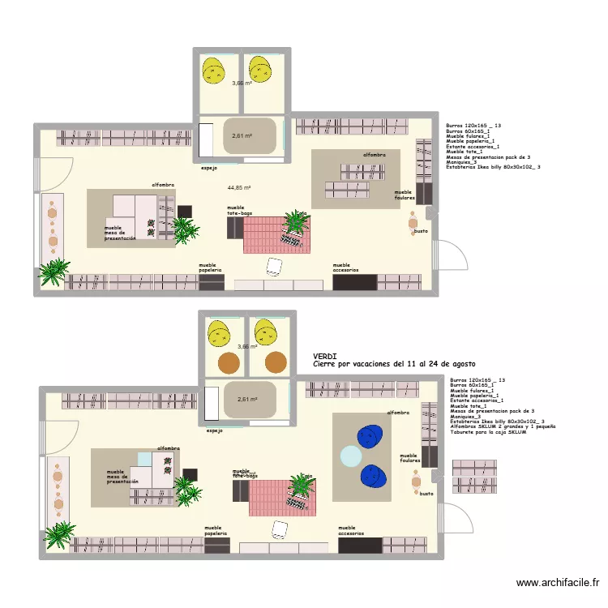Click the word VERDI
(325, 356)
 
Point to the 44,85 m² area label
(239, 187)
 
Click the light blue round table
(351, 456)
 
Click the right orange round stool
(275, 361)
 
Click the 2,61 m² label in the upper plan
(242, 136)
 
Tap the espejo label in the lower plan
(215, 430)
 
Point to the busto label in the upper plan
(421, 231)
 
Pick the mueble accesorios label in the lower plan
(351, 530)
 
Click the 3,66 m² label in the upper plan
(241, 83)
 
